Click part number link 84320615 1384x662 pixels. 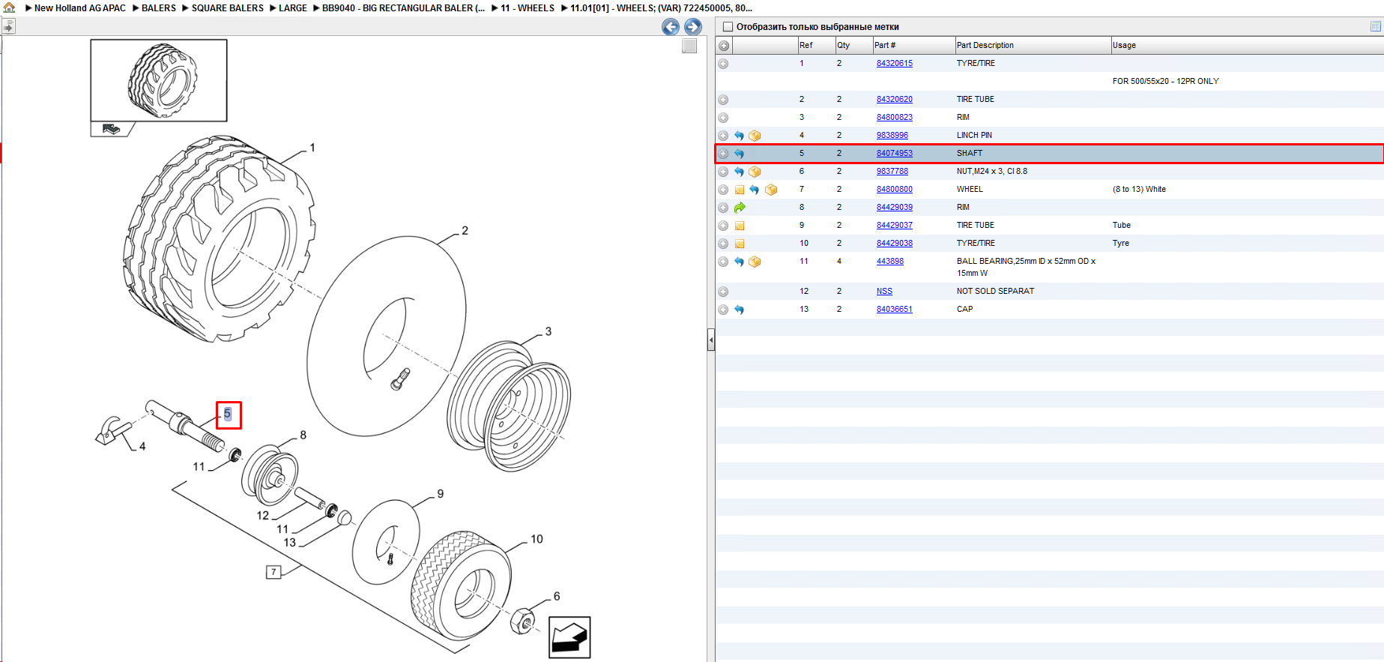[x=894, y=64]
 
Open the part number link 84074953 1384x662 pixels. [x=894, y=154]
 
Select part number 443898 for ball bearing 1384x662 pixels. [x=889, y=262]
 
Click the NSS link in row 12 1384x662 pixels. [x=884, y=292]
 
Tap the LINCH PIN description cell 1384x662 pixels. [x=973, y=136]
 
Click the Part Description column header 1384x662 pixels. [x=985, y=46]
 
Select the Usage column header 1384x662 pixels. [x=1124, y=46]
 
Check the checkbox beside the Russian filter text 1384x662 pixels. [x=728, y=27]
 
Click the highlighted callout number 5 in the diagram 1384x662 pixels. [x=228, y=414]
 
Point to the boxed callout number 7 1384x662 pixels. [x=274, y=572]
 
